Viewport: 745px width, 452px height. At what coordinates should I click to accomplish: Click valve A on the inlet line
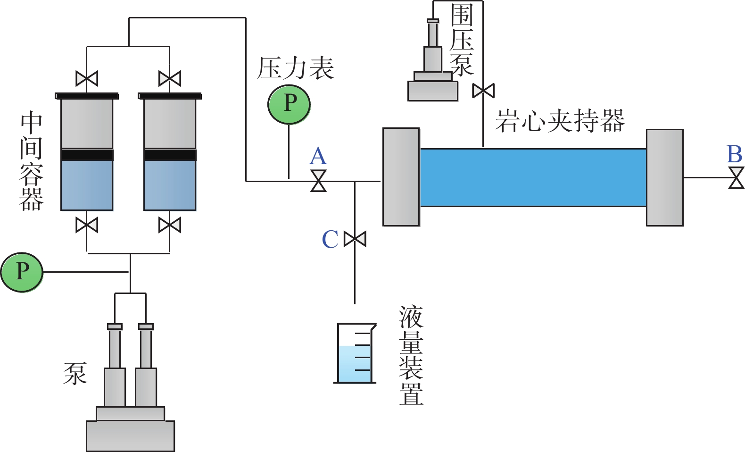pos(319,181)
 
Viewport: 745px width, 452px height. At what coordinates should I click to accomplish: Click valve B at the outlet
pos(736,178)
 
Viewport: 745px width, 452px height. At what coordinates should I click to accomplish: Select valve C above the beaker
pos(355,239)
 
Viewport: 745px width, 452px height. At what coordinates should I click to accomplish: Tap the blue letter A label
pos(318,156)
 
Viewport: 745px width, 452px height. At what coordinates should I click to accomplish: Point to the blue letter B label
pos(735,154)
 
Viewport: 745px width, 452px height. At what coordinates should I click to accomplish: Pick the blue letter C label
pos(330,239)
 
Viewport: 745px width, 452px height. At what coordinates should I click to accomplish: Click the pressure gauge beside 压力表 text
pos(289,104)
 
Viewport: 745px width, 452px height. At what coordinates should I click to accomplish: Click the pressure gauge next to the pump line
pos(22,272)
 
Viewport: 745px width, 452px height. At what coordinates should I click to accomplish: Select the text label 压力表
pos(296,69)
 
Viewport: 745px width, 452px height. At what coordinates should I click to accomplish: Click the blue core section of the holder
pos(533,177)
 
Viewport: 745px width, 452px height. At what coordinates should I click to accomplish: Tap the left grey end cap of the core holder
pos(401,177)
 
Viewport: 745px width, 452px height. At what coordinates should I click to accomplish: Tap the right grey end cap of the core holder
pos(665,178)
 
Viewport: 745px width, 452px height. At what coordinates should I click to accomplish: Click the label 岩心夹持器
pos(560,121)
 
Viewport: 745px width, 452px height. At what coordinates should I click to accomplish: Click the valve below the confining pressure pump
pos(483,91)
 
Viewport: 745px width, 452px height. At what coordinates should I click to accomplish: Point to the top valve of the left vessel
pos(87,78)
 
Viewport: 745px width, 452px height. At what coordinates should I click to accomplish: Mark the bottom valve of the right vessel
pos(170,225)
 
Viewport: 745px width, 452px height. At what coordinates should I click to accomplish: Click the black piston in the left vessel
pos(87,155)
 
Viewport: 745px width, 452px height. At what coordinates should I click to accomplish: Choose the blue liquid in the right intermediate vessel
pos(170,185)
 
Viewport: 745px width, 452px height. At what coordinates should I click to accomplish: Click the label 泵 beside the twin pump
pos(75,374)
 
